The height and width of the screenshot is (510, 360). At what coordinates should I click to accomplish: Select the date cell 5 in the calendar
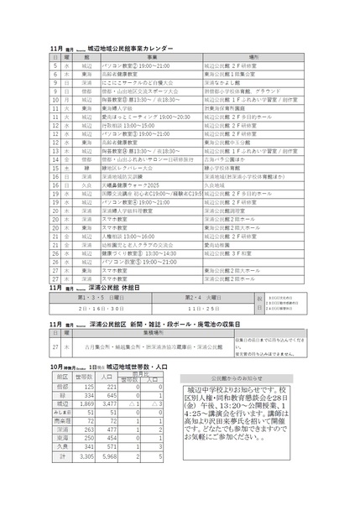(x=55, y=65)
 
